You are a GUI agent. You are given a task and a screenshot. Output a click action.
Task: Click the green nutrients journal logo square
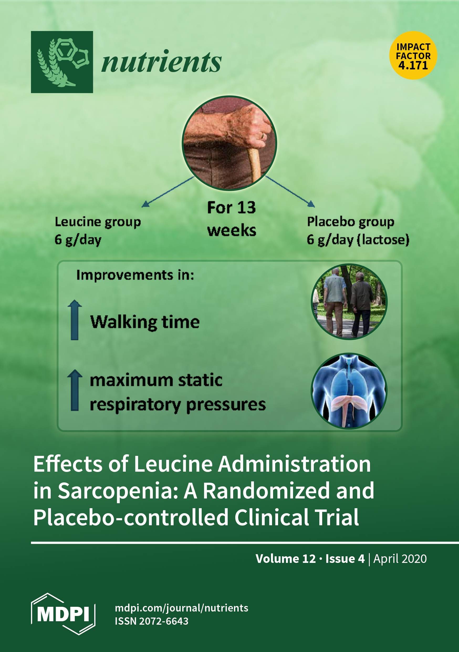coord(62,62)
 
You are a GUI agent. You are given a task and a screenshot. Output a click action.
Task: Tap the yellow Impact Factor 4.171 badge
coord(413,55)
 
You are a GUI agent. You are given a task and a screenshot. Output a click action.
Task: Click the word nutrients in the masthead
coord(161,62)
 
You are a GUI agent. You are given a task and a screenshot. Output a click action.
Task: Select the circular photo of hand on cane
coord(229,143)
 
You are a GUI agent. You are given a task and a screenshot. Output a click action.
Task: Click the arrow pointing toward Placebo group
coord(290,191)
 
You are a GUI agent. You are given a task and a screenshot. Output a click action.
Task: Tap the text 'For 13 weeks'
coord(232,219)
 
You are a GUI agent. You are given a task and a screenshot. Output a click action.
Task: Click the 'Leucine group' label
coord(98,222)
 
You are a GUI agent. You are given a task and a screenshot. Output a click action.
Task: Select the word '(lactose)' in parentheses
coord(383,240)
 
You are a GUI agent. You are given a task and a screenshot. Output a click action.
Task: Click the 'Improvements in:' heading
coord(135,275)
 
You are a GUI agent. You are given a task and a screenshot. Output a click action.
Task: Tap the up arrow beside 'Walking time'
coord(75,320)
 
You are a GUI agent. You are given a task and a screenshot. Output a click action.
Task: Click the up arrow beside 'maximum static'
coord(75,390)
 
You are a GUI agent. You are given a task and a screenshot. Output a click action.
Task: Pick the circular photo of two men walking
coord(349,302)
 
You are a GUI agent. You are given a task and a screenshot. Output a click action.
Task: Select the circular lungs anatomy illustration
coord(349,391)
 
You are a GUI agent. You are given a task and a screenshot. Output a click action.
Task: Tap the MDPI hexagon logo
coord(63,614)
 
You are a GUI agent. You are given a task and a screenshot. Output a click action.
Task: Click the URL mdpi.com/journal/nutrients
coord(181,608)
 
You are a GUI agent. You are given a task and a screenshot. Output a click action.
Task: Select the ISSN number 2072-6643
coord(164,621)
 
